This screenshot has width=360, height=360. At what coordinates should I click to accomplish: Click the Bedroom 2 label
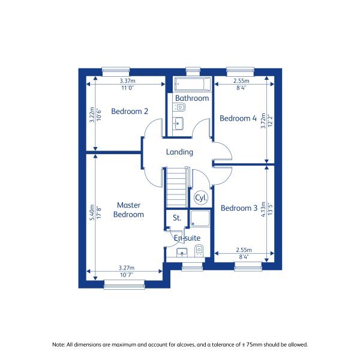click(x=130, y=111)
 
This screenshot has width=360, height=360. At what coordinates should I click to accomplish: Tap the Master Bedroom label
click(x=128, y=209)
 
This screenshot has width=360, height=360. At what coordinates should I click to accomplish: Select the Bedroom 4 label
click(x=238, y=118)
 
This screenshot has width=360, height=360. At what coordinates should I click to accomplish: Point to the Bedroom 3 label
click(x=239, y=208)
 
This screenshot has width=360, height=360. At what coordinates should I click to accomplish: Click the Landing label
click(x=179, y=152)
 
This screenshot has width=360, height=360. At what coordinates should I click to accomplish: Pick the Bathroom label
click(x=192, y=98)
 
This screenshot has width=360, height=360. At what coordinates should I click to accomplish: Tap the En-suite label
click(x=187, y=238)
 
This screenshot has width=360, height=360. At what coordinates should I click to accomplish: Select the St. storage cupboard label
click(x=176, y=218)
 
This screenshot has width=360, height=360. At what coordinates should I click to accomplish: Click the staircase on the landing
click(x=176, y=187)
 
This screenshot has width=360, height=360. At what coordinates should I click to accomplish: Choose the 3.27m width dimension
click(x=126, y=268)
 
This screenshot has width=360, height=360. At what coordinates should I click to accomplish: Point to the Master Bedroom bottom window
click(x=124, y=285)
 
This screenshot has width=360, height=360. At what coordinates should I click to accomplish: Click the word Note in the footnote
click(x=58, y=344)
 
